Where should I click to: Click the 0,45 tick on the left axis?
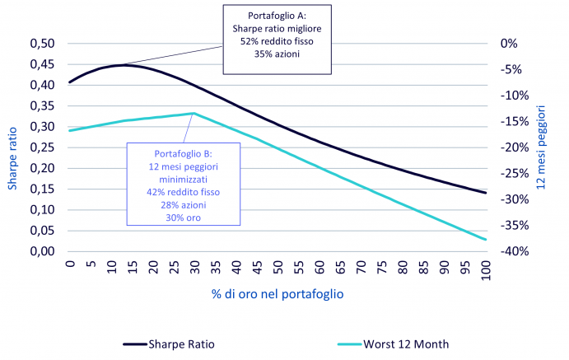(42, 64)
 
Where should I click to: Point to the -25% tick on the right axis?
(515, 174)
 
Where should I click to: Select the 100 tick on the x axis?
(486, 270)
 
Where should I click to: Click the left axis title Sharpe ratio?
(12, 158)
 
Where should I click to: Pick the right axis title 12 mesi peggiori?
(541, 147)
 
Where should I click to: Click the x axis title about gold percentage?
(278, 293)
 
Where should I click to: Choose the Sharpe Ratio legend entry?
(169, 344)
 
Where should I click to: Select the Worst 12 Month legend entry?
(393, 344)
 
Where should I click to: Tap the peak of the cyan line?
(194, 113)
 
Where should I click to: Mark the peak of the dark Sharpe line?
(122, 65)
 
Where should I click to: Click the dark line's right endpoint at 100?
(486, 193)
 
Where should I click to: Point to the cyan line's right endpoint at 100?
(486, 240)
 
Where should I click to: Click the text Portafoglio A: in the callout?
(277, 16)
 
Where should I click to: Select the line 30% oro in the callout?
(184, 217)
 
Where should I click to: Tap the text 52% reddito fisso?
(277, 41)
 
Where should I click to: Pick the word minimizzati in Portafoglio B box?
(184, 180)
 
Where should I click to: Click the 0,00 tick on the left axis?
(42, 251)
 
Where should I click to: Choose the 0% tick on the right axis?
(509, 44)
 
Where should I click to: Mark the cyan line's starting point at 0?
(70, 131)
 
